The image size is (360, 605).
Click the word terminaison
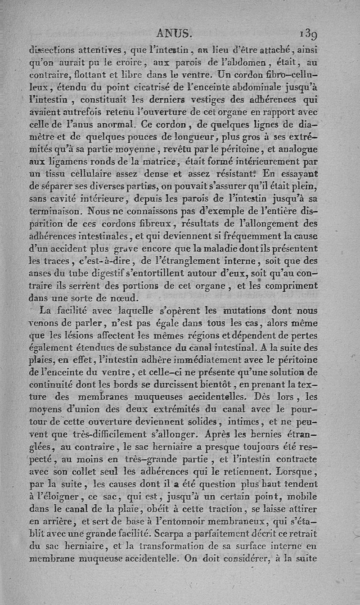click(x=57, y=210)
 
